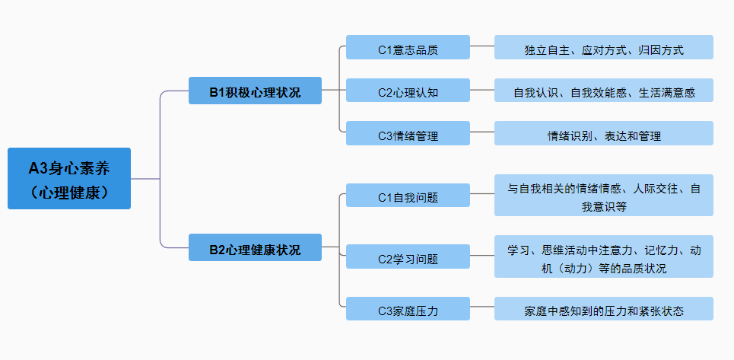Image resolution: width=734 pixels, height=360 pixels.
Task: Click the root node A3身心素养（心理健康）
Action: tap(69, 178)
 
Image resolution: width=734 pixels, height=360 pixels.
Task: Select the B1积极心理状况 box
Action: tap(255, 91)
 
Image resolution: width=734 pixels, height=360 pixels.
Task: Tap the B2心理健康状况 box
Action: tap(255, 247)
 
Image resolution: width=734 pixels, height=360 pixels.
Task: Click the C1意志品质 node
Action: tap(408, 47)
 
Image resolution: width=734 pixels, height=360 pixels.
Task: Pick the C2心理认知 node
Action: tap(408, 91)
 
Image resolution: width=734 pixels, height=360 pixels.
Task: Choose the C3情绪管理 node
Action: tap(408, 134)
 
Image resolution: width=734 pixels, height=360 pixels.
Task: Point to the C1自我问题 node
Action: tap(408, 195)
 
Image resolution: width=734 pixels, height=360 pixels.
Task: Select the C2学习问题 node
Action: tap(408, 256)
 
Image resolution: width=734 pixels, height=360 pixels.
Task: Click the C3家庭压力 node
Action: tap(408, 309)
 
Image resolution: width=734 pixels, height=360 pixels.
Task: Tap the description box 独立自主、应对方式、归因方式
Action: tap(603, 47)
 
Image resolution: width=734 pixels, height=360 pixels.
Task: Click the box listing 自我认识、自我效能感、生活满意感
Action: tap(603, 91)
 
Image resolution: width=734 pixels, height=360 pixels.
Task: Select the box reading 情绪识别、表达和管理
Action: tap(603, 134)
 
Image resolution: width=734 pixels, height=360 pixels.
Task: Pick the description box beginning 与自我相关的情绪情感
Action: tap(603, 195)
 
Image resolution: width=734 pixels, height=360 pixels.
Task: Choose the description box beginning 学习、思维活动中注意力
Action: tap(603, 256)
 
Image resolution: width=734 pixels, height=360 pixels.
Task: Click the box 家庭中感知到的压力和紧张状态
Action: tap(603, 309)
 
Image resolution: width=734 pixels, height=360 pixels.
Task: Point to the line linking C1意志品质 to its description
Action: tap(482, 46)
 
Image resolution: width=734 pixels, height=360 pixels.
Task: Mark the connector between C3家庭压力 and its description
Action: tap(482, 308)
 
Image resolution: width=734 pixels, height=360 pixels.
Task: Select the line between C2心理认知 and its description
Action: tap(482, 90)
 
